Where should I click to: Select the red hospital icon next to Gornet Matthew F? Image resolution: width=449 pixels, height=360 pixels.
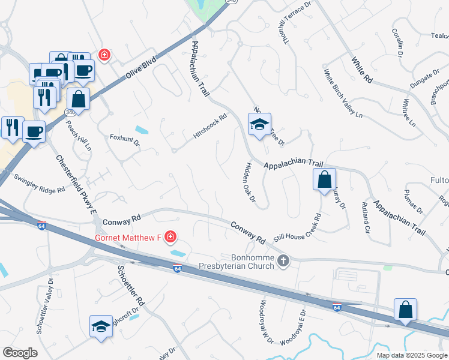(x=170, y=237)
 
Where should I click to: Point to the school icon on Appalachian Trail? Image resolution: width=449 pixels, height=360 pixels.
(x=259, y=125)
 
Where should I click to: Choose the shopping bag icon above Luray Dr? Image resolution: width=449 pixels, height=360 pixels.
(x=324, y=179)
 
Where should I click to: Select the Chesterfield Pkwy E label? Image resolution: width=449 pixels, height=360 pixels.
(x=76, y=185)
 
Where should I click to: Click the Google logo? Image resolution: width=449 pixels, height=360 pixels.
(x=20, y=353)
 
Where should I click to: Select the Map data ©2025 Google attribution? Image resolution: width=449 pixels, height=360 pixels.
(x=411, y=355)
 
